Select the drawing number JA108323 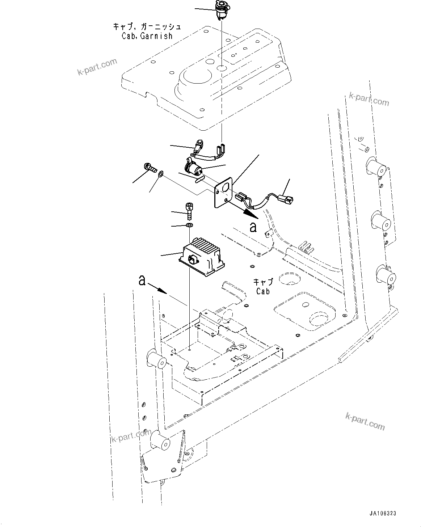pos(383,513)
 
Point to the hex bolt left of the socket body pos(150,168)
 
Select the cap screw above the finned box pos(188,211)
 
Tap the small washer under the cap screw pos(189,226)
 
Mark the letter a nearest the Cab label pos(253,227)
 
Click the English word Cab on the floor pos(263,291)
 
